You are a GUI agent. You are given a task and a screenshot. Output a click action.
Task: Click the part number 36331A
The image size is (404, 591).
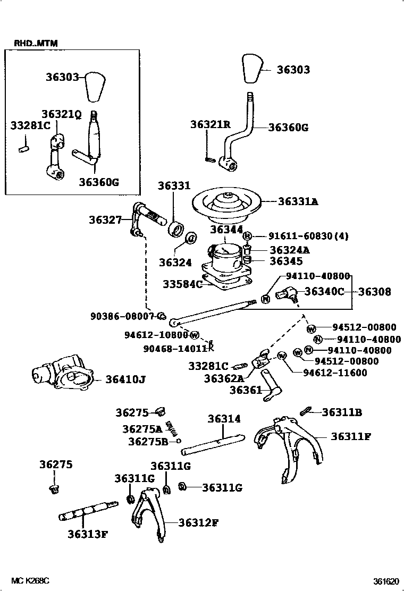(x=298, y=201)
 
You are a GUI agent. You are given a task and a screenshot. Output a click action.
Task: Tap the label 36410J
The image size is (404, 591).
(x=125, y=379)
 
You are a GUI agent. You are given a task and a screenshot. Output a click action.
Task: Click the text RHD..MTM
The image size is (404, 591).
(x=32, y=43)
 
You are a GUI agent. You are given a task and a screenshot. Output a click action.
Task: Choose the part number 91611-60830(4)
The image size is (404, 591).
(x=301, y=236)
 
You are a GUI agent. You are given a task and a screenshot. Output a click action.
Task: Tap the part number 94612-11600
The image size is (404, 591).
(x=335, y=373)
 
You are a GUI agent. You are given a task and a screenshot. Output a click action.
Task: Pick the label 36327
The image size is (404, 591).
(x=106, y=219)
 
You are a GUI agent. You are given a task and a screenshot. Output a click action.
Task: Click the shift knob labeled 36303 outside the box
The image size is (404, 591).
(x=254, y=68)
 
